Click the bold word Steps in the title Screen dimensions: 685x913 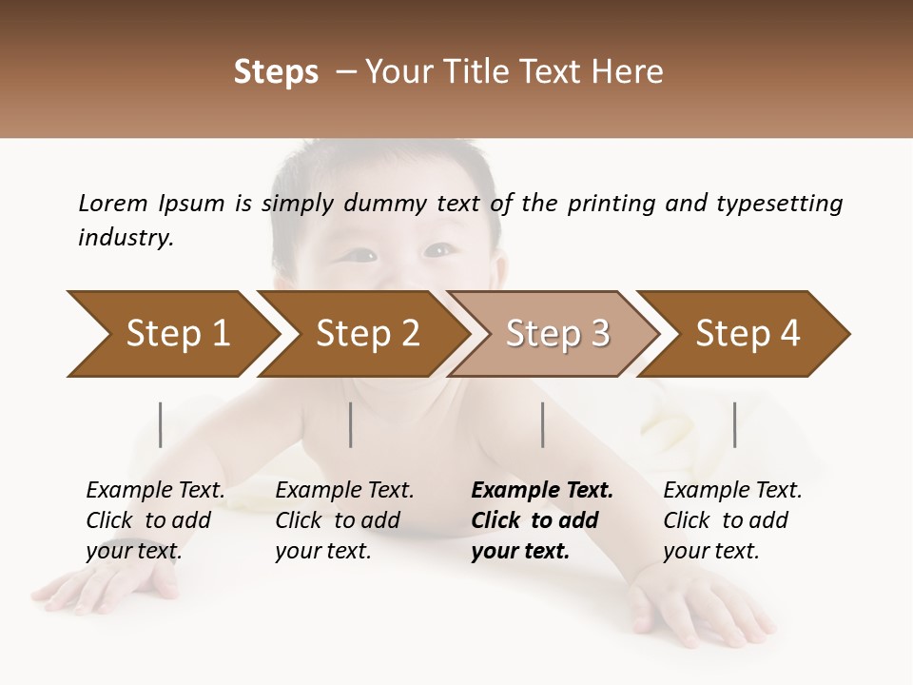(276, 71)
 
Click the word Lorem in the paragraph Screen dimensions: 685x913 (112, 203)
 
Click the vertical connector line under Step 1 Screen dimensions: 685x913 (161, 424)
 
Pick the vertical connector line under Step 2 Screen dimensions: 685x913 (351, 424)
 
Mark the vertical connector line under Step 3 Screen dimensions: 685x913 (543, 424)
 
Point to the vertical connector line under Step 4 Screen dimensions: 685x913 (735, 424)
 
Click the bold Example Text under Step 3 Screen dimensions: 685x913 (542, 491)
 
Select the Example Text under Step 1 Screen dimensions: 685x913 (155, 491)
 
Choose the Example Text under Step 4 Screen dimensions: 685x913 (732, 491)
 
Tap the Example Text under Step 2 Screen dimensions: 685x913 (344, 491)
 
